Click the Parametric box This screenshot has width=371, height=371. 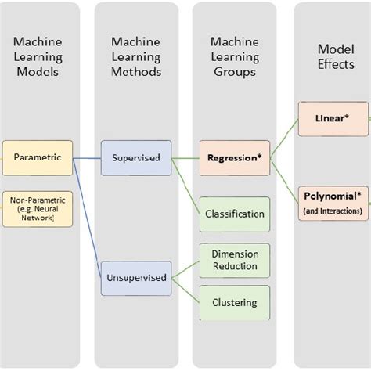[x=38, y=158]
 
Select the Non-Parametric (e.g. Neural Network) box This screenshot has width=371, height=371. [x=38, y=209]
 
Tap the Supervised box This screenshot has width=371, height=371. [x=135, y=158]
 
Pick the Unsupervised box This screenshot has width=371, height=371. [x=135, y=277]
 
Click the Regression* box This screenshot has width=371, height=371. [x=233, y=158]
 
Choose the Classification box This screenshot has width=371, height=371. [x=234, y=213]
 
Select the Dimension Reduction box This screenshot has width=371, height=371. [x=234, y=260]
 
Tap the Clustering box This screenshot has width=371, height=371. [x=234, y=301]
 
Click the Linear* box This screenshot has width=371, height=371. [x=332, y=117]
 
